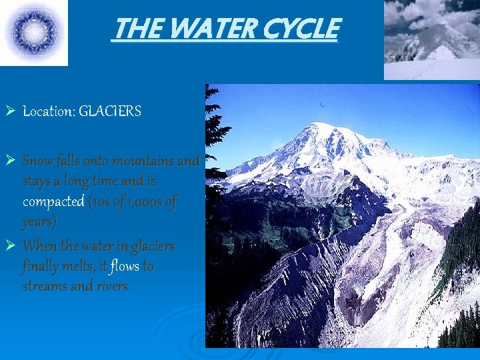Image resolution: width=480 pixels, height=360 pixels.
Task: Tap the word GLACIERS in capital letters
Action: tap(110, 111)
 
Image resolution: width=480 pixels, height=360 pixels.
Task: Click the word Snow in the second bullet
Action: tap(37, 161)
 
